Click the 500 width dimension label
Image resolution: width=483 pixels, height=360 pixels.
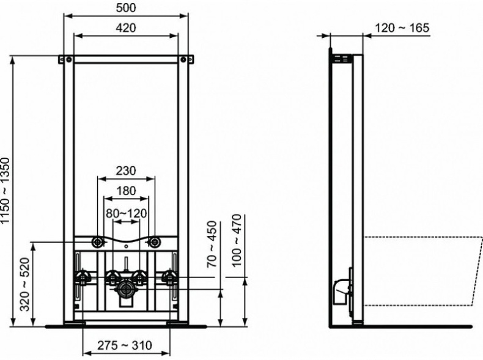(126, 7)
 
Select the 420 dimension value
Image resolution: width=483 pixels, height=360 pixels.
(126, 28)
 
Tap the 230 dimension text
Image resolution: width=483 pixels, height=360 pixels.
(126, 171)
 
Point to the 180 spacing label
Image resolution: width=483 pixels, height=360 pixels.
(126, 191)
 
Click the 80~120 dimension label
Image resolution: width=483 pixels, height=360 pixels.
(125, 213)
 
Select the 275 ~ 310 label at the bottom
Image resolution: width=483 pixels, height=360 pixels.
(126, 345)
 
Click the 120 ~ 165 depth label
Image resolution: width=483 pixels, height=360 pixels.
(402, 28)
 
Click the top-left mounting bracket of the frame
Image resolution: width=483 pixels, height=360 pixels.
(65, 60)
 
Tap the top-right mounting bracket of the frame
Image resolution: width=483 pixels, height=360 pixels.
(187, 60)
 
